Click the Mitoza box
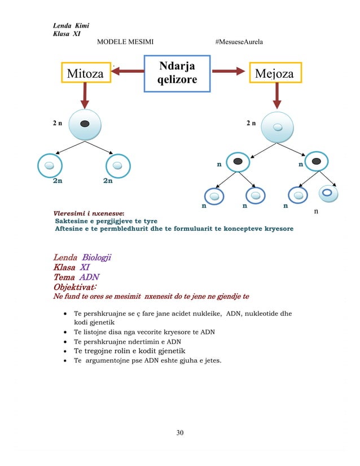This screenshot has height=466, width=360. click(x=85, y=73)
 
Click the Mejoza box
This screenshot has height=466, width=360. click(x=274, y=74)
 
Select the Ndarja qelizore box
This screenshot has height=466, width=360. click(x=177, y=73)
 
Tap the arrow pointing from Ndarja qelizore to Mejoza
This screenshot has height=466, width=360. click(x=230, y=71)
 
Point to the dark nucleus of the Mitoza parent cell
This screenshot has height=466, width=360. click(x=85, y=124)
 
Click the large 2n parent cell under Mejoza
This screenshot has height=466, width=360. click(x=277, y=127)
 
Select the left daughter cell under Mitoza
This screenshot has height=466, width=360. click(x=49, y=166)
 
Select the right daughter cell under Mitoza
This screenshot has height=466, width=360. click(x=117, y=166)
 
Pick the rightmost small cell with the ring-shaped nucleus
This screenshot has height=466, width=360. click(x=328, y=194)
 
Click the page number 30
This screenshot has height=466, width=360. click(x=180, y=433)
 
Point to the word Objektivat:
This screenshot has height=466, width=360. click(x=74, y=287)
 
